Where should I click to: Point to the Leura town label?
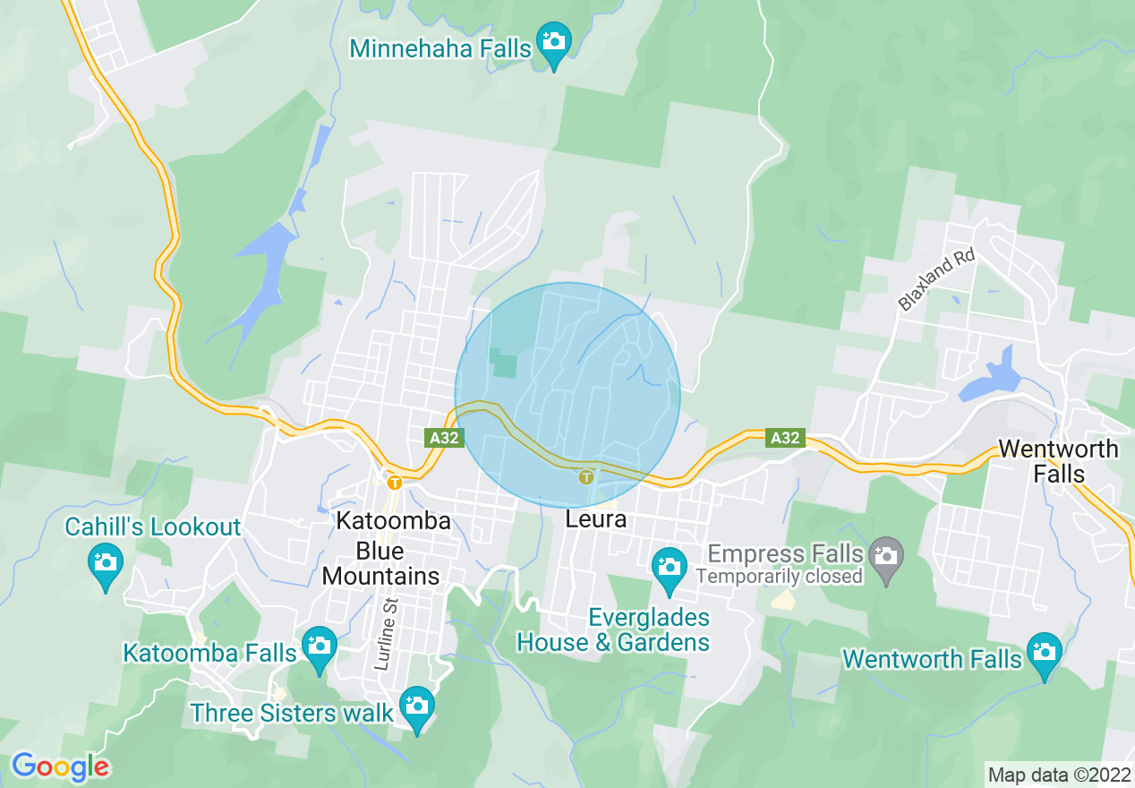(595, 519)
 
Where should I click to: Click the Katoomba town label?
(393, 521)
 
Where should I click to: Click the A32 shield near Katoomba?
(445, 438)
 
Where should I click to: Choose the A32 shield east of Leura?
(785, 438)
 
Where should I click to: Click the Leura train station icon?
(586, 476)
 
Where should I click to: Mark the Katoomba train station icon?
(394, 483)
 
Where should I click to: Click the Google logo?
(60, 767)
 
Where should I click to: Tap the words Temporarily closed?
(779, 576)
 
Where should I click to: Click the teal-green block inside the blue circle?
(504, 364)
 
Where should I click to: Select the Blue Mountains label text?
(380, 563)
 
